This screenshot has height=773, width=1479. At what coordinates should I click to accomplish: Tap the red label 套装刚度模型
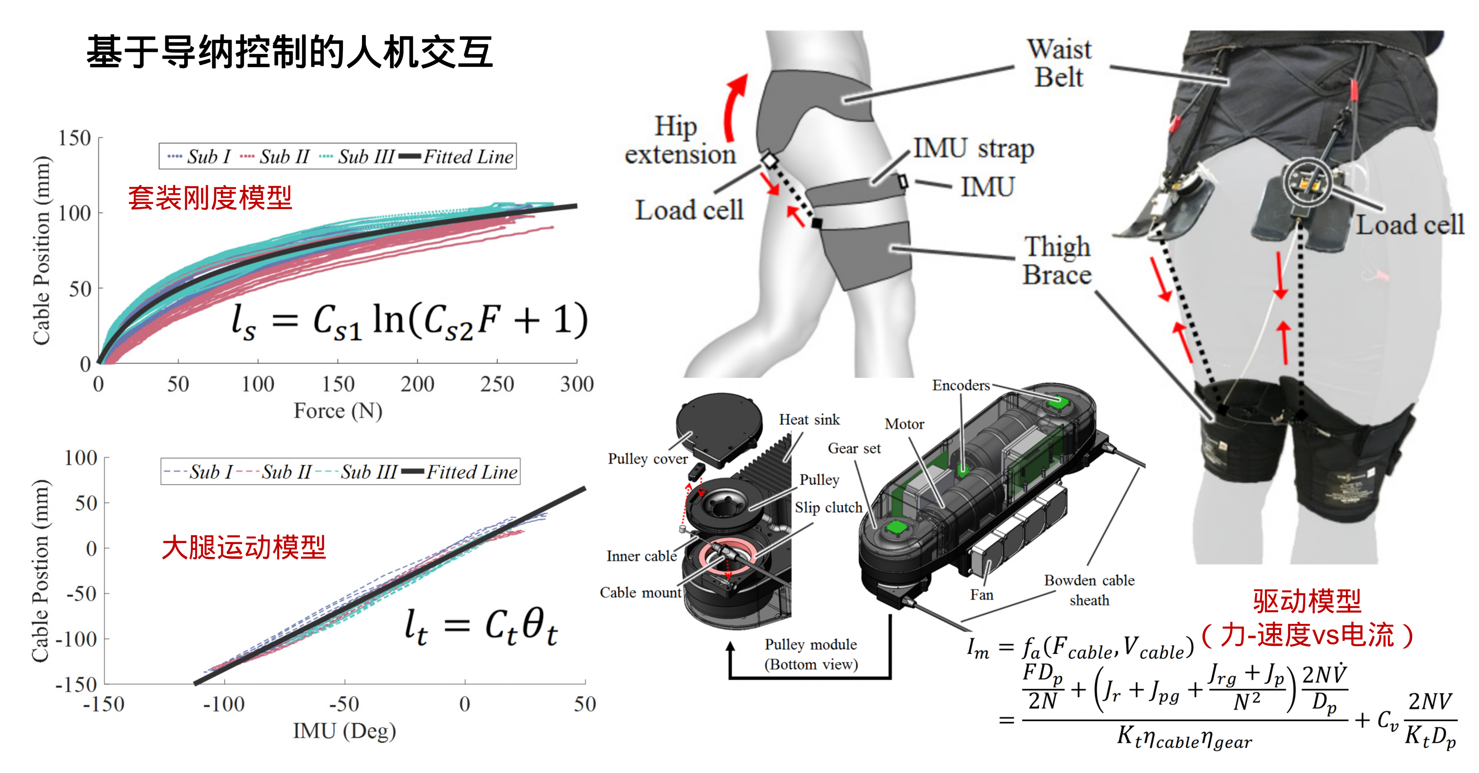pos(210,198)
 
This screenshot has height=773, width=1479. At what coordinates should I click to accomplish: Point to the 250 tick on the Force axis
pos(496,384)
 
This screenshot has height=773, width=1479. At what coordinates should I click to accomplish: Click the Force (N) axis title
pos(338,411)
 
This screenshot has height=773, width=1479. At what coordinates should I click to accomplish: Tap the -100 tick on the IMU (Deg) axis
pos(224,704)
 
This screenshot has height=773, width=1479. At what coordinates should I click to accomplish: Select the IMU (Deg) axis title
pos(344,731)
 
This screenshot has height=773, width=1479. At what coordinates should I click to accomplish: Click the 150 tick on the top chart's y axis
pos(75,138)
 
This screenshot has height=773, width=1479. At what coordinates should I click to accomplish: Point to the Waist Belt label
pos(1059,63)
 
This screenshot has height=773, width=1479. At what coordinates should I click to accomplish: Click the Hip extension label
pos(680,141)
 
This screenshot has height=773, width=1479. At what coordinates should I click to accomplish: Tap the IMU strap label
pos(974,148)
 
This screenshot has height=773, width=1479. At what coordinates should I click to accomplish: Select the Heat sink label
pos(809,420)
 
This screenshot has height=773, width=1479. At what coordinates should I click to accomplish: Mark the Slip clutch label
pos(828,507)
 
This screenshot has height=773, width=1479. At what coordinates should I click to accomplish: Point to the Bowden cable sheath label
pos(1089,590)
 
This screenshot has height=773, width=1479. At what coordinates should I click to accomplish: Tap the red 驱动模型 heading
pos(1307,601)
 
